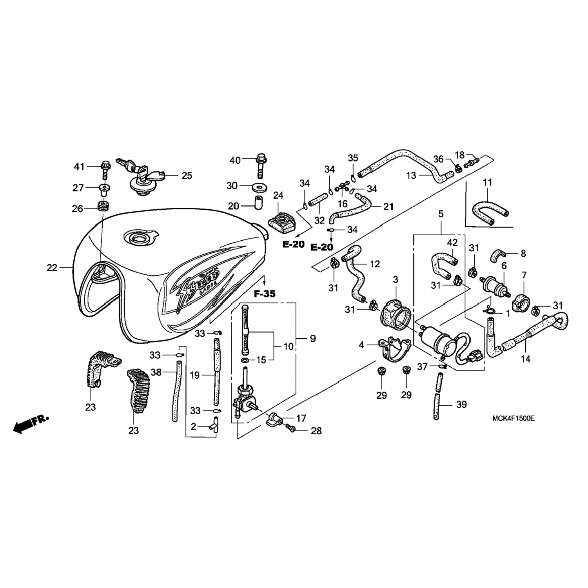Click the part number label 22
tap(52, 268)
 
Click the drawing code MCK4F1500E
tap(514, 418)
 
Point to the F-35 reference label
tap(265, 293)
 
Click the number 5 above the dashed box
tap(441, 214)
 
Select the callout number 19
tap(195, 375)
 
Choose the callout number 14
tap(525, 359)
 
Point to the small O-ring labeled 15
tap(245, 359)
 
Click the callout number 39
tap(462, 404)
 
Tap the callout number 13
tap(411, 175)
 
